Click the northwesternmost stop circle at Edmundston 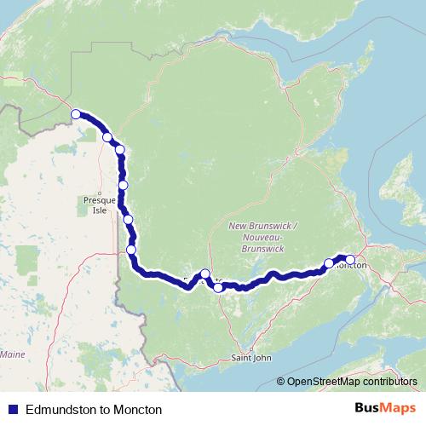(76, 113)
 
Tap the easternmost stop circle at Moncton (349, 260)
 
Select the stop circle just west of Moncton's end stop (329, 263)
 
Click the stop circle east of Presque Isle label (124, 185)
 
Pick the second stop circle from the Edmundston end (106, 136)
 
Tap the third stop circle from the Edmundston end (120, 150)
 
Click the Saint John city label (251, 359)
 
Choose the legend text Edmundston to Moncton (94, 410)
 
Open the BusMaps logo (380, 409)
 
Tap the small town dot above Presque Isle (101, 191)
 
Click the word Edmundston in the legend (61, 410)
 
